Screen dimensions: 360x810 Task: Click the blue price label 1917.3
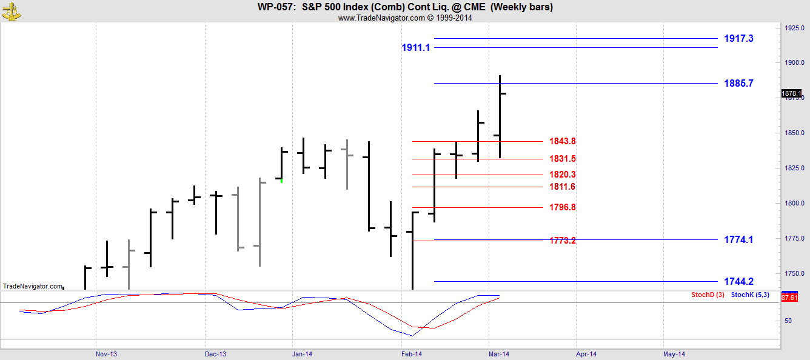point(738,38)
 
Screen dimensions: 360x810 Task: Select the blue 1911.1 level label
point(415,47)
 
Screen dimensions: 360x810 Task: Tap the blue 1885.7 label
point(738,83)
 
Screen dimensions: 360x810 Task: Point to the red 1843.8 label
point(562,141)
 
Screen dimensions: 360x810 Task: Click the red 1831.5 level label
point(562,159)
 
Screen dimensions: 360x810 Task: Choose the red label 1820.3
point(562,175)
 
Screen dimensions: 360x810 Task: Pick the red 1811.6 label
point(562,187)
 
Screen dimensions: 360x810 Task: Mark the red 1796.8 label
point(562,207)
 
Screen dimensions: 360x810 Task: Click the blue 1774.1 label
point(738,239)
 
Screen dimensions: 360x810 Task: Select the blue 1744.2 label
point(738,281)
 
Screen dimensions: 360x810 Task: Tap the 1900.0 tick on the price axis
point(795,62)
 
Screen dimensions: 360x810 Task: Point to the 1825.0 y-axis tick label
point(795,168)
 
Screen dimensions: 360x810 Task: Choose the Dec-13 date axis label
point(215,353)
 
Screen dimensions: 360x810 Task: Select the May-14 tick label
point(674,353)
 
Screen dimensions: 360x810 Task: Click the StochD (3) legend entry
point(708,295)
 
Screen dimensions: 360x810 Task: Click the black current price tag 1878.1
point(791,93)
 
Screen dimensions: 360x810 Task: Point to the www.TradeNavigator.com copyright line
point(404,18)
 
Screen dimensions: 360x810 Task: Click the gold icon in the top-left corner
point(11,10)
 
